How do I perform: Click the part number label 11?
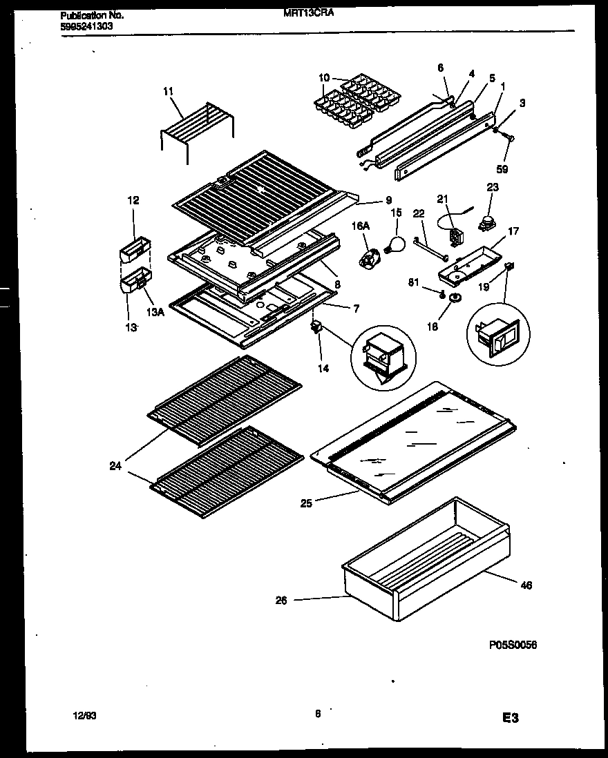[168, 90]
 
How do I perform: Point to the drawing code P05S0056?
[512, 645]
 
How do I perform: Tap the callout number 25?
[305, 503]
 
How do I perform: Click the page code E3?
[510, 719]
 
